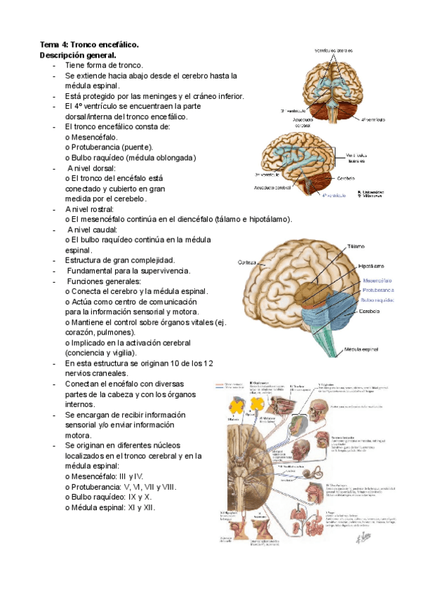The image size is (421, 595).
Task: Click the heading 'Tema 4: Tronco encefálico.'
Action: (x=89, y=44)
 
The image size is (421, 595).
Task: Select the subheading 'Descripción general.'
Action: (x=78, y=55)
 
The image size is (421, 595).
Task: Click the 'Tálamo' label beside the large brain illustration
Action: (x=354, y=247)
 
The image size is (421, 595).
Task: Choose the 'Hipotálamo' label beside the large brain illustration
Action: (x=370, y=267)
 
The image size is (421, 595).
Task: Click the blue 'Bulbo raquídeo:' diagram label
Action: (x=377, y=300)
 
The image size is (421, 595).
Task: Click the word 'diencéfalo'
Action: (x=192, y=220)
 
